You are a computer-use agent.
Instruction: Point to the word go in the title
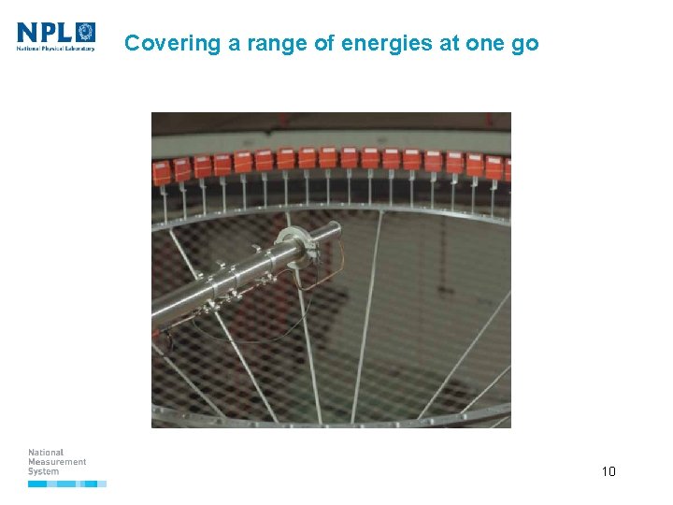click(525, 43)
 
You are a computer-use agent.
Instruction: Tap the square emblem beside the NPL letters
click(85, 33)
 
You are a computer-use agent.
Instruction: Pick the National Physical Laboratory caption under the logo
click(56, 49)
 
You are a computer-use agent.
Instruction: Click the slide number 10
click(609, 471)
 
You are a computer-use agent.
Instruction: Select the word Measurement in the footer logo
click(57, 462)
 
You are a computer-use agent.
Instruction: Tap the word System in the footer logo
click(43, 471)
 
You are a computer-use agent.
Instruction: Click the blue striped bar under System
click(67, 483)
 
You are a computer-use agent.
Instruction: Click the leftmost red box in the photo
click(162, 170)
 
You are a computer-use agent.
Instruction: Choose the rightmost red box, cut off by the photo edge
click(508, 168)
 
